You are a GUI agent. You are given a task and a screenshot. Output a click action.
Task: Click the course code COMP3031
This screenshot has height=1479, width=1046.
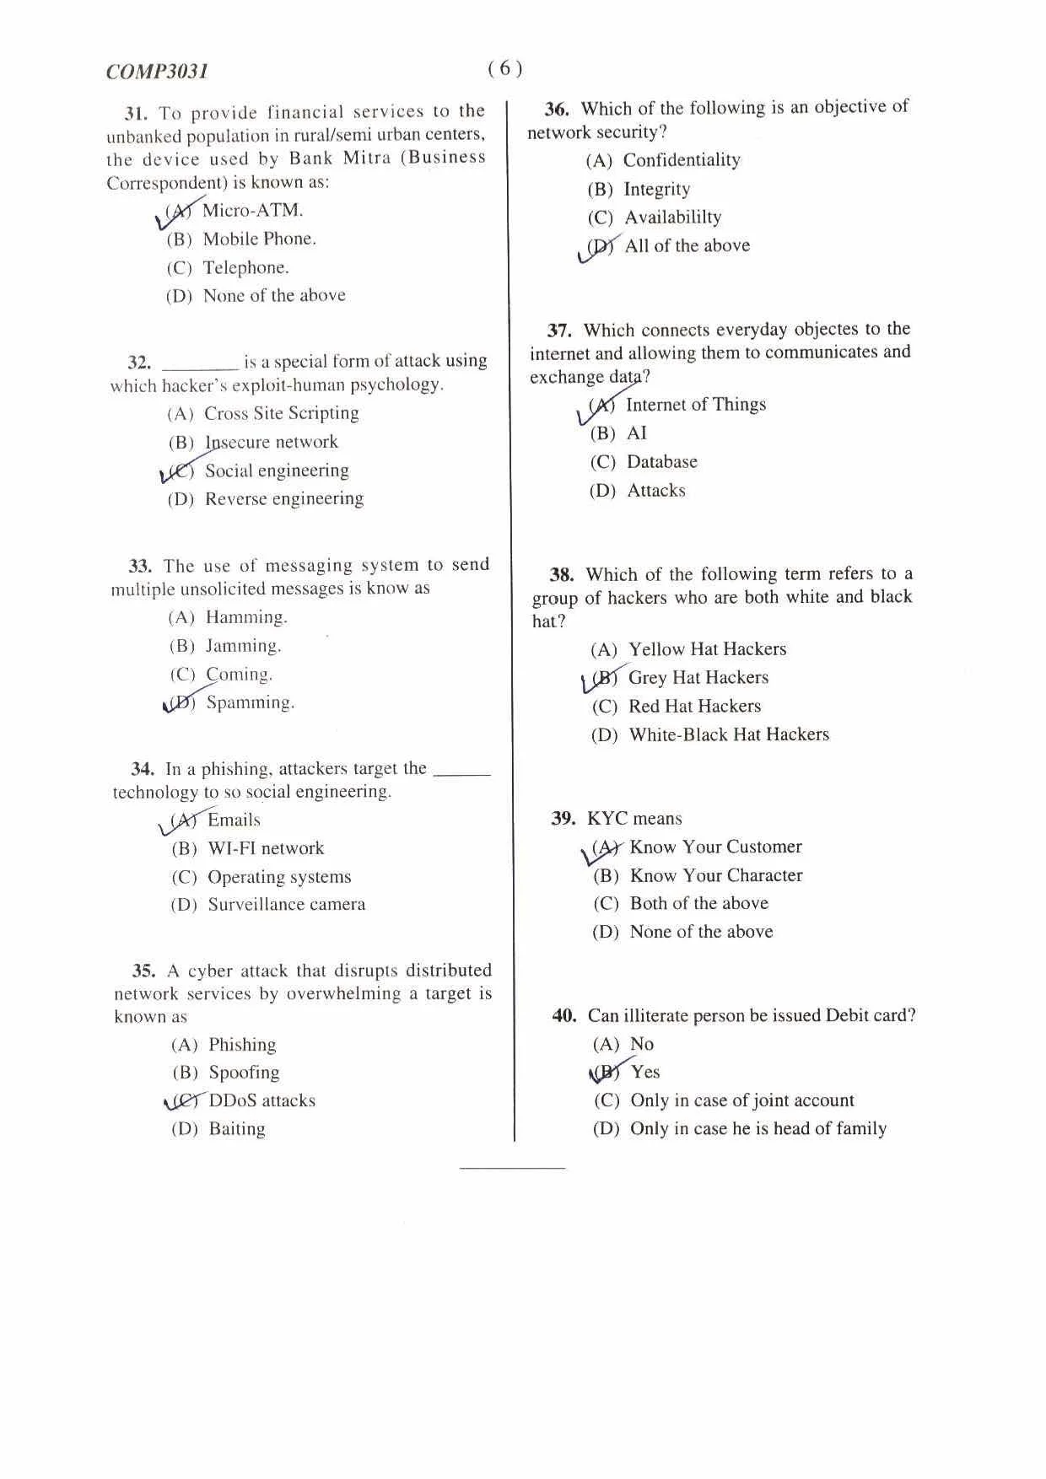click(158, 72)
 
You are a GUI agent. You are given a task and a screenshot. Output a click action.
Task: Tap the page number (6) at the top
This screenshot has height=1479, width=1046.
click(505, 68)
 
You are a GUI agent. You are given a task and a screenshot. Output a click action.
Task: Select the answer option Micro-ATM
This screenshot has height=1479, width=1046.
click(252, 210)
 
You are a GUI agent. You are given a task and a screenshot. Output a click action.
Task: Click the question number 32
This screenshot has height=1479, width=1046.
click(139, 363)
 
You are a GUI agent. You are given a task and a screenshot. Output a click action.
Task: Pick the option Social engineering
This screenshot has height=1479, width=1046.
click(277, 471)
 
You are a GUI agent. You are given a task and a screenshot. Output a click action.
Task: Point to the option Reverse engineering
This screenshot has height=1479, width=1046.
click(284, 498)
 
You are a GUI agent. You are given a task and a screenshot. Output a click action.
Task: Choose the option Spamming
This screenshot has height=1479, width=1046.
click(250, 702)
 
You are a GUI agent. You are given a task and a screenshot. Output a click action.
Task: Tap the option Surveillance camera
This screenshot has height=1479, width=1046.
click(287, 905)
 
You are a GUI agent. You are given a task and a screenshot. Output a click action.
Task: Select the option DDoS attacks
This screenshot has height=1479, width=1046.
click(261, 1100)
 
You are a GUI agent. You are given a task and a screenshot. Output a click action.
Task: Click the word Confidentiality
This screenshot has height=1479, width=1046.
click(682, 160)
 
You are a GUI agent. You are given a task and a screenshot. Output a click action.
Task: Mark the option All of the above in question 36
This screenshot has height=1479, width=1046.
click(687, 245)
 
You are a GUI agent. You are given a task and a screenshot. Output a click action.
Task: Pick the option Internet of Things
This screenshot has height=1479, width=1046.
click(696, 405)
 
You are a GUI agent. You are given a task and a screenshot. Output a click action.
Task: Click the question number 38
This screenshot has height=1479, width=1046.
click(562, 575)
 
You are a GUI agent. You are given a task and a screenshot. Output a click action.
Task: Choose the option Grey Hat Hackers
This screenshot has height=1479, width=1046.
click(698, 677)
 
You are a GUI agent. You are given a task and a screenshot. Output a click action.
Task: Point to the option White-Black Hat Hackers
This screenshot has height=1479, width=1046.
click(729, 734)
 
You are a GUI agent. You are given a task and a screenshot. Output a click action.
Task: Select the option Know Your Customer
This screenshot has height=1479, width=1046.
click(715, 847)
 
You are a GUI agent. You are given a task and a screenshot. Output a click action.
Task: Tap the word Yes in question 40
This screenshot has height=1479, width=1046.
click(645, 1072)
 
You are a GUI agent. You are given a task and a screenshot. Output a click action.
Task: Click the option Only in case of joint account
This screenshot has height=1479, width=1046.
click(742, 1100)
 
